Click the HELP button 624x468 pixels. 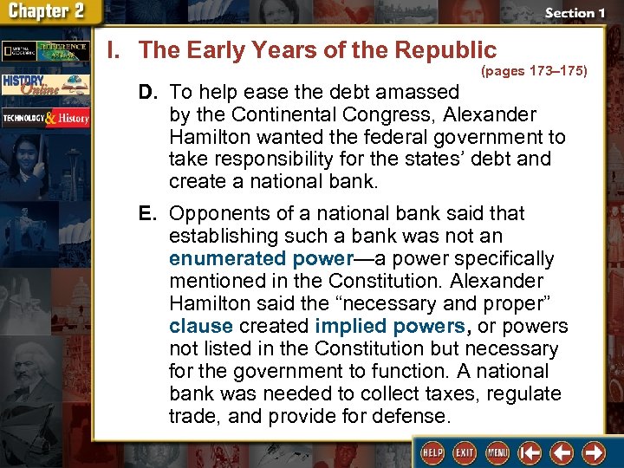click(x=431, y=452)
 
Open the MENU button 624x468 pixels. click(x=497, y=452)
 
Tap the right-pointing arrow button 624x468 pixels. click(x=594, y=452)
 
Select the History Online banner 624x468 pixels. click(x=45, y=84)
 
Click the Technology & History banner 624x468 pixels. click(x=45, y=118)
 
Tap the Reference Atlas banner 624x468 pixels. click(x=62, y=49)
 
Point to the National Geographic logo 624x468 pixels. click(x=16, y=49)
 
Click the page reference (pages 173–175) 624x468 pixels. click(x=533, y=70)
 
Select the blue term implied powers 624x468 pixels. click(x=390, y=326)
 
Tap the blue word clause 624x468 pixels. click(x=201, y=326)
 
